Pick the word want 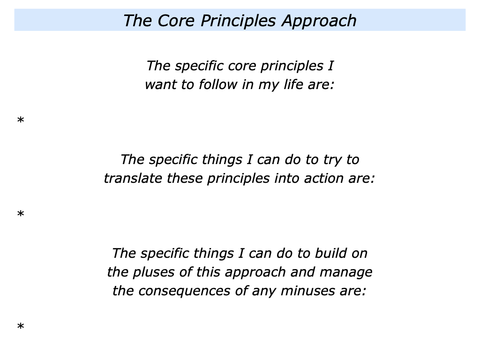click(x=160, y=85)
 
